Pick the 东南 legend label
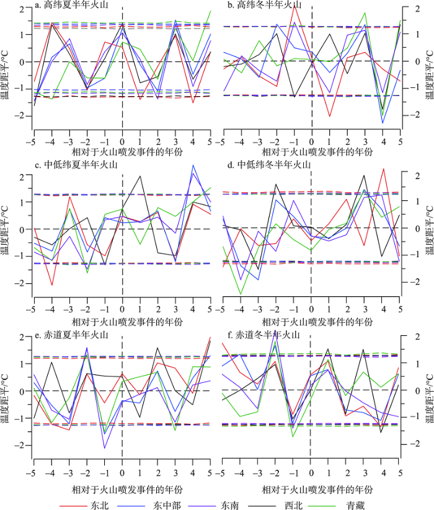pyautogui.click(x=241, y=504)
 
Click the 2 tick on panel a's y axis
pyautogui.click(x=22, y=8)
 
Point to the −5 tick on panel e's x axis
pyautogui.click(x=29, y=473)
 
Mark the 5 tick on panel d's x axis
pyautogui.click(x=401, y=307)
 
